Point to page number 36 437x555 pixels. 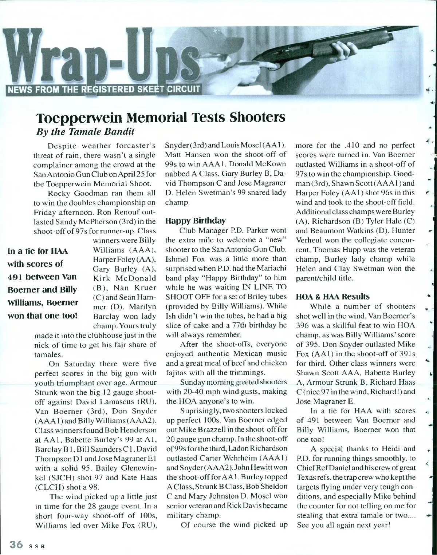16,544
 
